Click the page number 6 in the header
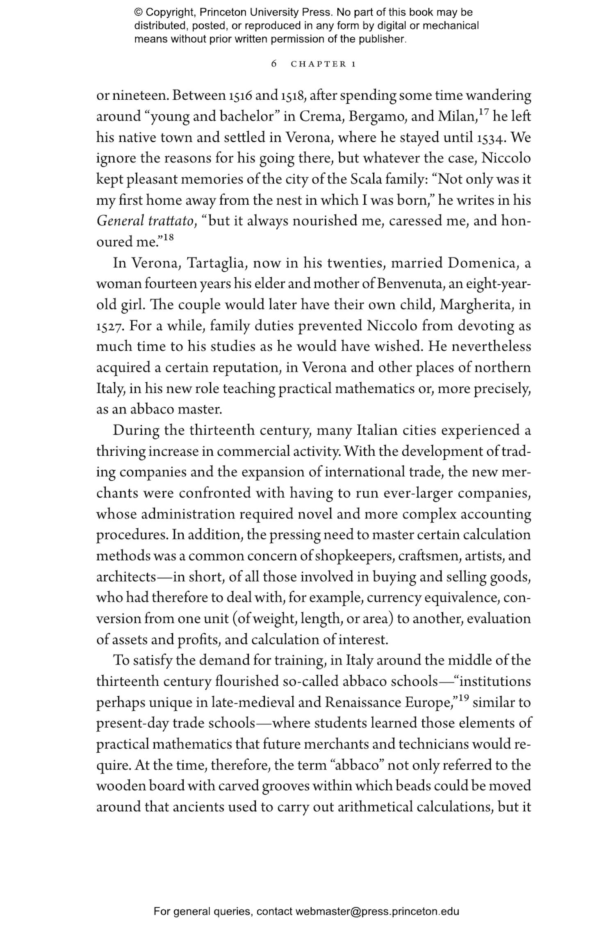(274, 64)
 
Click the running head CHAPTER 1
(323, 64)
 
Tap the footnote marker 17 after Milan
(482, 112)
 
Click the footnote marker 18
(167, 237)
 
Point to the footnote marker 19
(463, 697)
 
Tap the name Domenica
(481, 263)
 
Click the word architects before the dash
(126, 577)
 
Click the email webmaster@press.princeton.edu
(377, 912)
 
